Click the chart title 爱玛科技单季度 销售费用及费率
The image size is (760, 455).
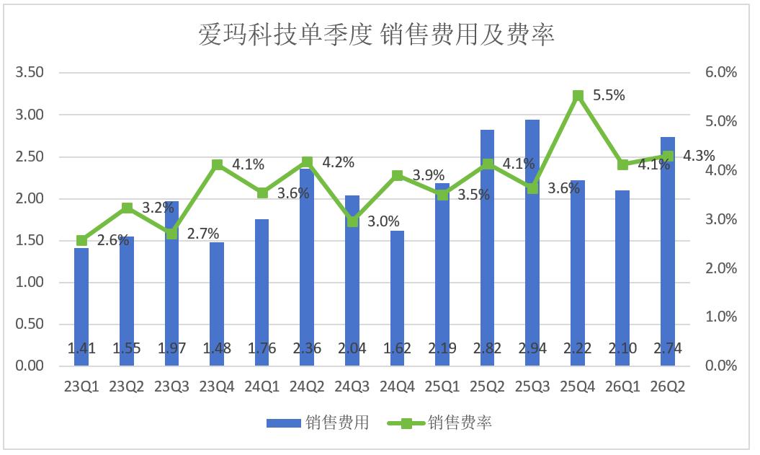tap(377, 35)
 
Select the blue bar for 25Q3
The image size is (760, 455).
tap(532, 242)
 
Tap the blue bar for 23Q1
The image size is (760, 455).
tap(81, 306)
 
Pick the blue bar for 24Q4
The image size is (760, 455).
tap(397, 298)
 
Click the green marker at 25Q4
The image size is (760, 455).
tap(578, 96)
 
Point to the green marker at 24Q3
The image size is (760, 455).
tap(352, 221)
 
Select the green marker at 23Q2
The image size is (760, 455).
tap(127, 208)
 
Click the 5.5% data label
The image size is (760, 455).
tap(609, 95)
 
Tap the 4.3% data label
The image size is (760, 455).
tap(699, 156)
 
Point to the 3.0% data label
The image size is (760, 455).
tap(383, 221)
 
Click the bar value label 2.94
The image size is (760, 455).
tap(532, 348)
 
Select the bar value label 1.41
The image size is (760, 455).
tap(81, 348)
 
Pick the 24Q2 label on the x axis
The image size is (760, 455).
tap(307, 386)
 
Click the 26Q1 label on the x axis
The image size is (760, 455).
tap(623, 386)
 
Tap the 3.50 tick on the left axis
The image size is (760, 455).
tap(30, 72)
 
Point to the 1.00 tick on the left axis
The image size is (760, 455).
tap(30, 282)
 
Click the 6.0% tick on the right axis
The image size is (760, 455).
tap(721, 72)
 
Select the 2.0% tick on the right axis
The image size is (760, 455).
tap(721, 268)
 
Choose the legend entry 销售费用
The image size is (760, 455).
tap(318, 423)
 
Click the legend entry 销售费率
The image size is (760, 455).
tap(439, 423)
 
